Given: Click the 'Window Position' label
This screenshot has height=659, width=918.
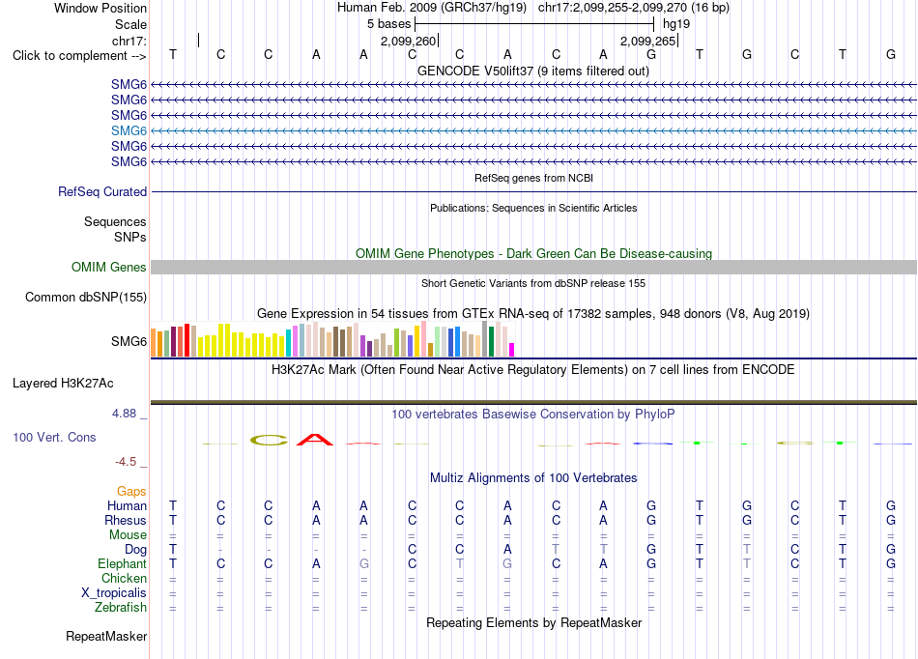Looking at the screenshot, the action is pyautogui.click(x=100, y=8).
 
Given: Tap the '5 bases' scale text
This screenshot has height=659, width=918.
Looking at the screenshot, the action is pyautogui.click(x=388, y=24).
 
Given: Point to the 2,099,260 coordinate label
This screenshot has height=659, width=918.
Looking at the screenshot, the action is pyautogui.click(x=408, y=41).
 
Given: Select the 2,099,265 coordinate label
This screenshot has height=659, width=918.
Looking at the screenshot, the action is pyautogui.click(x=647, y=41).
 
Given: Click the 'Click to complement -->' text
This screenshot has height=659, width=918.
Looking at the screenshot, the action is pyautogui.click(x=79, y=56).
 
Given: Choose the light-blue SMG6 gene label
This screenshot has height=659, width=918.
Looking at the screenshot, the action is pyautogui.click(x=129, y=130).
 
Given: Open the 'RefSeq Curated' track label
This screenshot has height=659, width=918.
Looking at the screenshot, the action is pyautogui.click(x=102, y=192).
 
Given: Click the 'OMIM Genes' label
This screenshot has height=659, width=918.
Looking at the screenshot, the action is pyautogui.click(x=108, y=268).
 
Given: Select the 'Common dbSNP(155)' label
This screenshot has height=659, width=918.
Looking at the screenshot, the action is pyautogui.click(x=85, y=298).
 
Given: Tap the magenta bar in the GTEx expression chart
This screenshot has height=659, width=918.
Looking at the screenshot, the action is pyautogui.click(x=512, y=350).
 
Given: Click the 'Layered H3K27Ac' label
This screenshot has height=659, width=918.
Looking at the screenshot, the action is pyautogui.click(x=63, y=384).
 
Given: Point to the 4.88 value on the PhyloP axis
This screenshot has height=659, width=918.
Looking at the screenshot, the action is pyautogui.click(x=124, y=414).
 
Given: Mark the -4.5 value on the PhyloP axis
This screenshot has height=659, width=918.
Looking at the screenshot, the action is pyautogui.click(x=126, y=462).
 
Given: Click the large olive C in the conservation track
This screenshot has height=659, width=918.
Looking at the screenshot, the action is pyautogui.click(x=269, y=440).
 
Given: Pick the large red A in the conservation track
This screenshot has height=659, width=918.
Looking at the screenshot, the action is pyautogui.click(x=315, y=440).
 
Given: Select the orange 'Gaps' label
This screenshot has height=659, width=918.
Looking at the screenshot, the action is pyautogui.click(x=131, y=492).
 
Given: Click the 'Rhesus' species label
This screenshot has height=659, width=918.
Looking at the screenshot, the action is pyautogui.click(x=126, y=520).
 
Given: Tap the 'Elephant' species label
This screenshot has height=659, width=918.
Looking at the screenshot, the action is pyautogui.click(x=122, y=563).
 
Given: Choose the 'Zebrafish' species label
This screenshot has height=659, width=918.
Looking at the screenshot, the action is pyautogui.click(x=121, y=608).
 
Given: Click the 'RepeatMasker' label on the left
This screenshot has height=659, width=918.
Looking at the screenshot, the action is pyautogui.click(x=106, y=636).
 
